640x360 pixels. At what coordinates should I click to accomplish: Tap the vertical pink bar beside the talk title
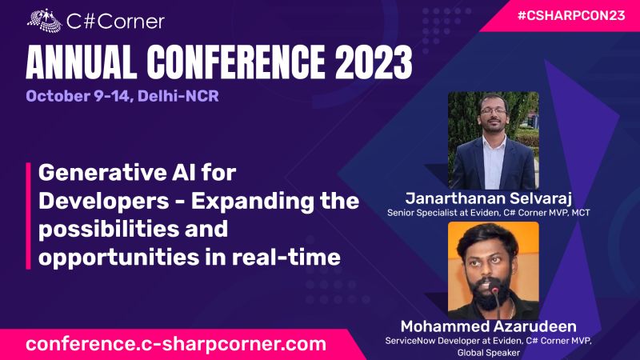(x=30, y=215)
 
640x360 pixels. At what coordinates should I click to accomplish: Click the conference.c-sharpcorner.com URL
(x=176, y=344)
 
